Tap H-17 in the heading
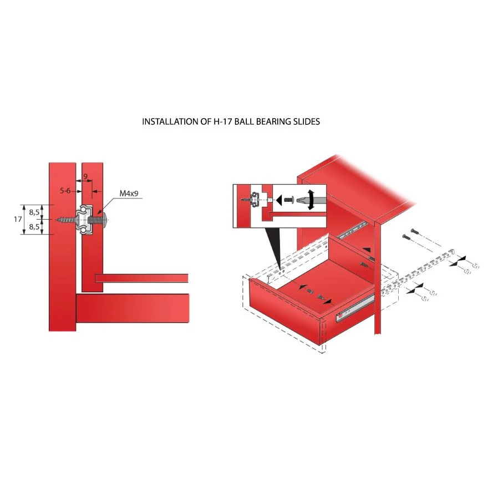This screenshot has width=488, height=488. pos(223,121)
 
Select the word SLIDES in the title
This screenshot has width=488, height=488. pos(307,121)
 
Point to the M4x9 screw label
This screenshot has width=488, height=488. pos(129,194)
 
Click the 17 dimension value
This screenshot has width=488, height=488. pos(18,220)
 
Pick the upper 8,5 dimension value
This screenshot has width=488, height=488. pos(34,212)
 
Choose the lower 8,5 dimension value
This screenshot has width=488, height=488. pos(34,227)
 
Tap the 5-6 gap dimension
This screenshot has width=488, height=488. pos(65,190)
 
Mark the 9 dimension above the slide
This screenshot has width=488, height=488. pos(85,176)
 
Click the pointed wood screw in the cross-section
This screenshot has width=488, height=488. pos(66,220)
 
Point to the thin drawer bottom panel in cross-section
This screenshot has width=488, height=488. pos(141,278)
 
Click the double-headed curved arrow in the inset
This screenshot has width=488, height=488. pos(311,200)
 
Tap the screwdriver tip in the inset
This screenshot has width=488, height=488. pos(302,200)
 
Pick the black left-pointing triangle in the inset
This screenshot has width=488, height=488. pos(279,200)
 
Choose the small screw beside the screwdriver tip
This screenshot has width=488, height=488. pos(289,200)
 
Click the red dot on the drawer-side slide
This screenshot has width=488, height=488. pos(340,316)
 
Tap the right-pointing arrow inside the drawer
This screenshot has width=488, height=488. pos(327,301)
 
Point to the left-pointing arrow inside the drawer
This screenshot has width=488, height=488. pos(302,287)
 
